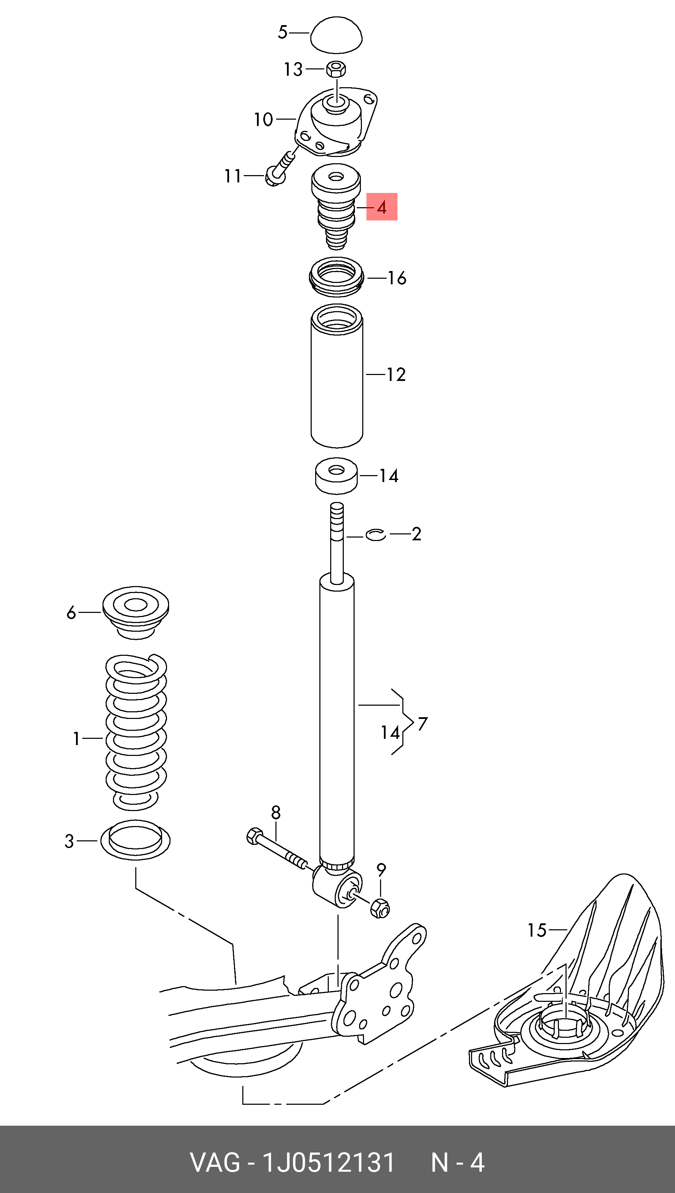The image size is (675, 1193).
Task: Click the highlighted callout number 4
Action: coord(381,207)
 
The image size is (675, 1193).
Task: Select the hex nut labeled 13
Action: coord(336,69)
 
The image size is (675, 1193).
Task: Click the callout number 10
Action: coord(263,120)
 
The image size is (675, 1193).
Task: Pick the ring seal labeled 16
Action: coord(336,277)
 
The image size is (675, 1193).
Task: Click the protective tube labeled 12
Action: coord(336,376)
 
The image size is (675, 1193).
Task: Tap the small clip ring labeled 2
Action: coord(376,535)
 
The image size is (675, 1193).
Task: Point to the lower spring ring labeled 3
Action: coord(135,840)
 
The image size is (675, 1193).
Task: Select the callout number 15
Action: coord(537,930)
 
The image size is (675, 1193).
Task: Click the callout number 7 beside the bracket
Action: coord(422,723)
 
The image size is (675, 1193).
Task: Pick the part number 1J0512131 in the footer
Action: coord(328,1162)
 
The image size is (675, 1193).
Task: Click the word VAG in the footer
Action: coord(215,1162)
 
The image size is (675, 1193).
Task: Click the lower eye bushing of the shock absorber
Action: coord(337,887)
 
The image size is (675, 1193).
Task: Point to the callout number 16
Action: coord(397,278)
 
